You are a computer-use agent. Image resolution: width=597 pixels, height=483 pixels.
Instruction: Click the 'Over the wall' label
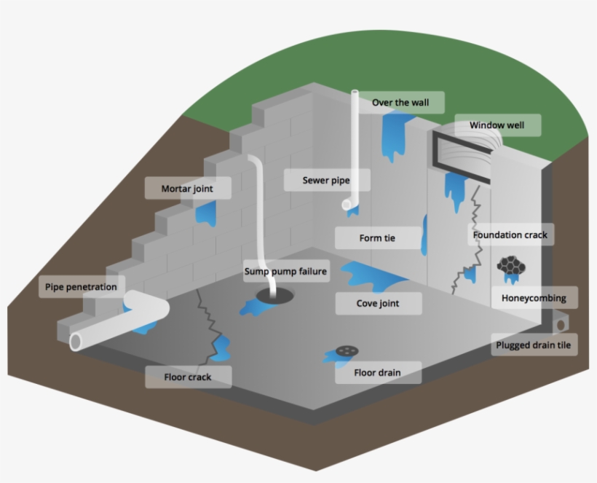point(400,103)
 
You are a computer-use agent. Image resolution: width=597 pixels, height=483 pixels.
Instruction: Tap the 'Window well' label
point(496,125)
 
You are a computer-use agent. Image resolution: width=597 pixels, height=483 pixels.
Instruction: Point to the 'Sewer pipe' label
point(326,180)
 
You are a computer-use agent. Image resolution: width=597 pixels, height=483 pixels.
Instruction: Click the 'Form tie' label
point(377,238)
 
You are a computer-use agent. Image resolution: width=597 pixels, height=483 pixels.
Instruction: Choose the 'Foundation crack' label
point(510,235)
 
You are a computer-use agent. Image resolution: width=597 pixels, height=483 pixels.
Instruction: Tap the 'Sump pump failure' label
point(285,272)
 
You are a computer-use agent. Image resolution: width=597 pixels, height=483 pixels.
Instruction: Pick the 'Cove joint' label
point(378,303)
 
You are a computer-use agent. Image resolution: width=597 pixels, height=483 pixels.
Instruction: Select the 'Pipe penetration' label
point(81,287)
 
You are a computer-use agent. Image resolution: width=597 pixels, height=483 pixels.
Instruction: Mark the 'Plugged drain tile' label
point(533,345)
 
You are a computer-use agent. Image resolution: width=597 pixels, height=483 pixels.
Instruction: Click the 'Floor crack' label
point(189,377)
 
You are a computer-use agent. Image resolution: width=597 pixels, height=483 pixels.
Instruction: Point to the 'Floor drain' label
point(377,373)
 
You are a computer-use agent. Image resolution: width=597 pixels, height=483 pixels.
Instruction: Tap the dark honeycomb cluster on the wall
point(511,267)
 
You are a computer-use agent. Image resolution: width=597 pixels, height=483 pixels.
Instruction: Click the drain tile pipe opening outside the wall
point(561,321)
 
